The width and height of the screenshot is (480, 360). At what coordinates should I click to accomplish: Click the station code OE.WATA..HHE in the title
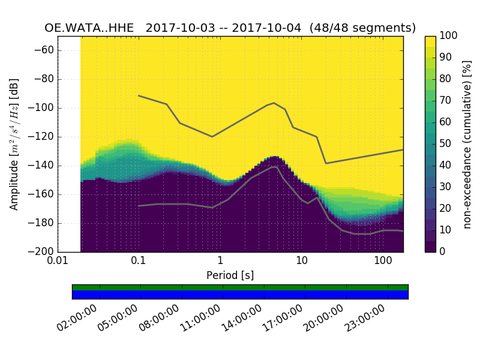coord(91,28)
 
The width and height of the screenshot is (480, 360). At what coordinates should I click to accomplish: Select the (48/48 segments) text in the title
coord(363,28)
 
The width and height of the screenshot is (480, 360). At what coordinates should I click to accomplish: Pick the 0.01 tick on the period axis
coord(58,262)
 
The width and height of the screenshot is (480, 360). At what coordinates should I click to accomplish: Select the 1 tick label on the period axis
coord(220,262)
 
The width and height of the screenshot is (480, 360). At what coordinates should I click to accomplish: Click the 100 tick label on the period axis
coord(383,262)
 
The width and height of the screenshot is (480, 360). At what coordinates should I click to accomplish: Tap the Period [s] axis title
coord(230,275)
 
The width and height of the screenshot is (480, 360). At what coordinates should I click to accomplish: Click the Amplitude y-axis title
coord(14,144)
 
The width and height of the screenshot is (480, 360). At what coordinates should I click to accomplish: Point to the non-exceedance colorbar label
coord(467,144)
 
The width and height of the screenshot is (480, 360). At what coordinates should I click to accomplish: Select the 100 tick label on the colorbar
coord(449,37)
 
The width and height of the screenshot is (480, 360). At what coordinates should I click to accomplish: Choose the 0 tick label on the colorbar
coord(443,252)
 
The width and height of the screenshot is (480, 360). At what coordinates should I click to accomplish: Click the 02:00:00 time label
coord(78,319)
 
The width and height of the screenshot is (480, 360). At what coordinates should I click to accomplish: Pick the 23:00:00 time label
coord(365,319)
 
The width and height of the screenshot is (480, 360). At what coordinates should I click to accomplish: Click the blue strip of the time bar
coord(240,295)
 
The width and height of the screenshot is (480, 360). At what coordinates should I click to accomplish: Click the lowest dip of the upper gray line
coord(326,163)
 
